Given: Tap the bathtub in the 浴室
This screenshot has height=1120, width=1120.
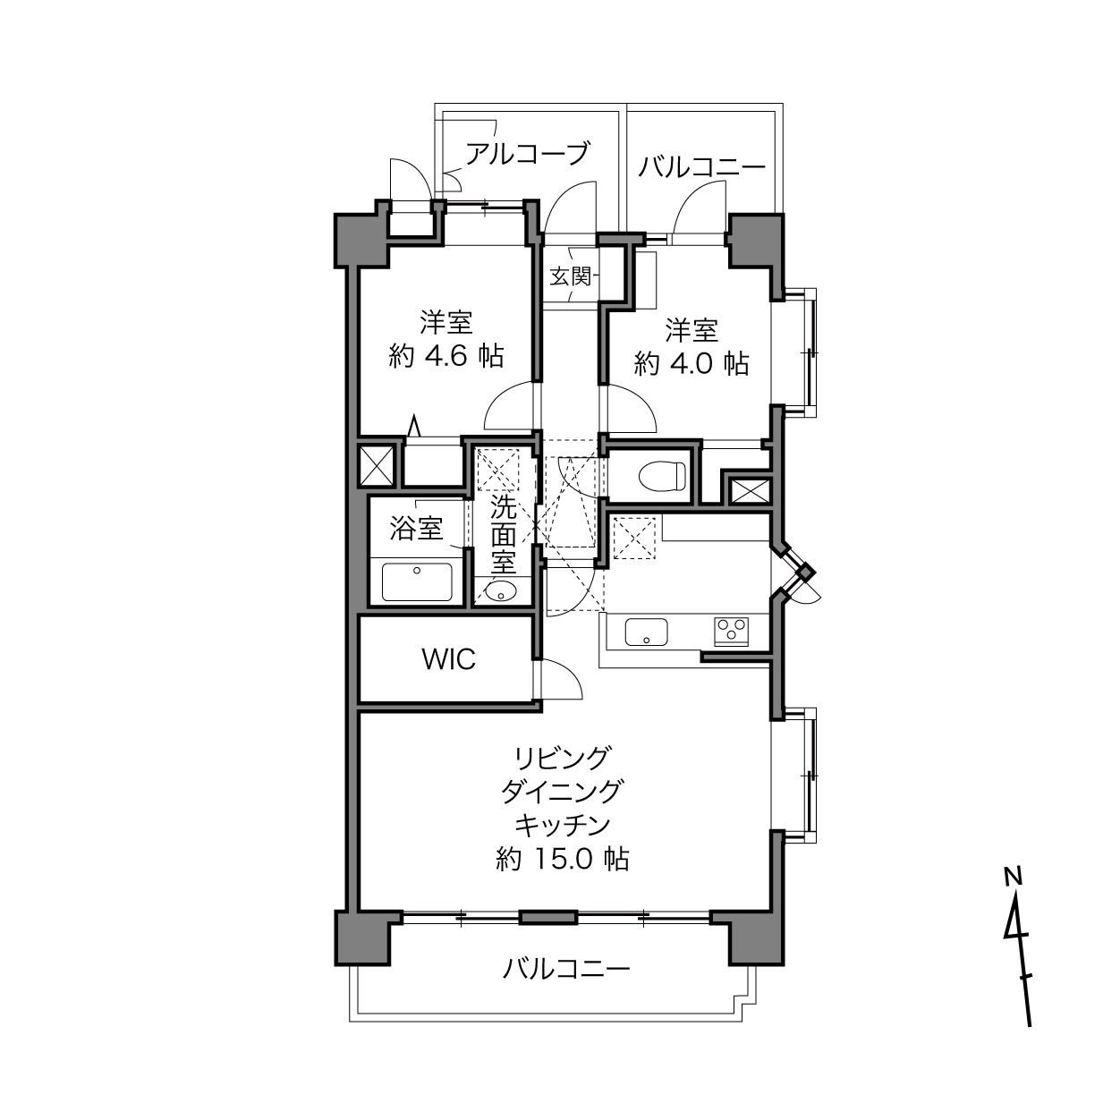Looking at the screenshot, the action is (417, 581).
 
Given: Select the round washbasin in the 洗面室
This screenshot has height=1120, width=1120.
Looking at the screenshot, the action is (500, 592).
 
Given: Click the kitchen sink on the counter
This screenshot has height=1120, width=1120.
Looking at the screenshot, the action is (646, 632).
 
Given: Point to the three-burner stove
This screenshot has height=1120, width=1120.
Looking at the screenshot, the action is (732, 632).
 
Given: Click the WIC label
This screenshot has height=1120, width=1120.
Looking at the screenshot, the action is (448, 659).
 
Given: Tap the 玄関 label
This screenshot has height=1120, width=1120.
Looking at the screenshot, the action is (570, 276).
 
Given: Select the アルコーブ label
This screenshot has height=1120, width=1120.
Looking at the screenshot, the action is (527, 154).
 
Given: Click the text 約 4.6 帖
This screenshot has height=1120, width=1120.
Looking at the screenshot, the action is (445, 355).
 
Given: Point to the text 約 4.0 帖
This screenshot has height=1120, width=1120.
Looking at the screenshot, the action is (692, 363).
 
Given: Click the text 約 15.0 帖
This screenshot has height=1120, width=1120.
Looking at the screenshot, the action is (562, 859).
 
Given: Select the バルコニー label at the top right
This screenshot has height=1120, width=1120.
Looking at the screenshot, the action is (701, 167).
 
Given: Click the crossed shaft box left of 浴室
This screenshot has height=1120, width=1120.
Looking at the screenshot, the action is (376, 465).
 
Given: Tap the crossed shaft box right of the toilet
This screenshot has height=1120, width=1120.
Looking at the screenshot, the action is (751, 490).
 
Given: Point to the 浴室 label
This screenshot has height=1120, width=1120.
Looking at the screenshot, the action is (416, 529).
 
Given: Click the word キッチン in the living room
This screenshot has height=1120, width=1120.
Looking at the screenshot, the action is (563, 825).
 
